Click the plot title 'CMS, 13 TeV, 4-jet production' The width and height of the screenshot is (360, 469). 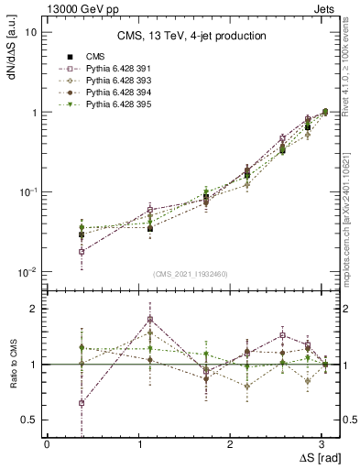[x=191, y=37]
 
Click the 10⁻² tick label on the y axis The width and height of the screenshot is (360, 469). [x=27, y=272]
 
